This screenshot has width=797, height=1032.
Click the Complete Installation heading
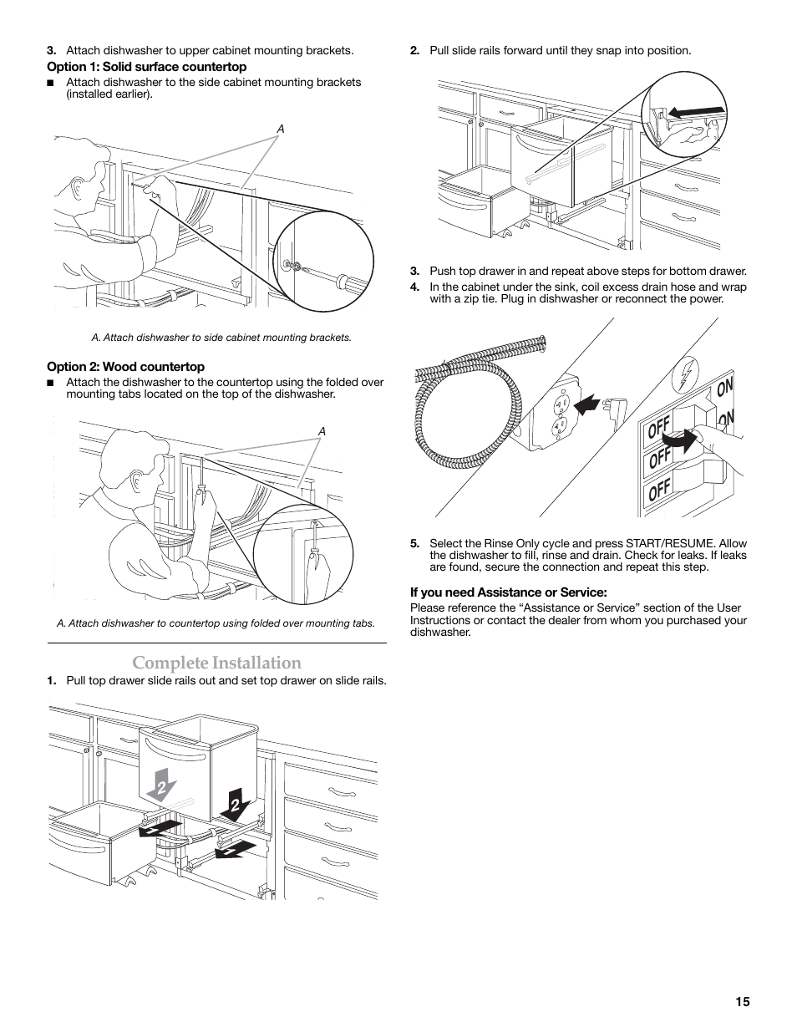[216, 663]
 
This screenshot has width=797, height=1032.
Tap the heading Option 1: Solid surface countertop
[147, 67]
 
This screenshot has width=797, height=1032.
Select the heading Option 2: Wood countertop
[126, 367]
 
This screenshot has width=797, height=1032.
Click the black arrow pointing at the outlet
[586, 405]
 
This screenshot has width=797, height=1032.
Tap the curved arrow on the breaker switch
[681, 440]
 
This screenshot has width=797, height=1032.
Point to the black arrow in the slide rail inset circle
[696, 113]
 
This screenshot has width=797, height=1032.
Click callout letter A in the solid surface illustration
[281, 129]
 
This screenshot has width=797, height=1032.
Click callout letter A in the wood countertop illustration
[322, 431]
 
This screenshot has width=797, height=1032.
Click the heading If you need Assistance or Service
[509, 592]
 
